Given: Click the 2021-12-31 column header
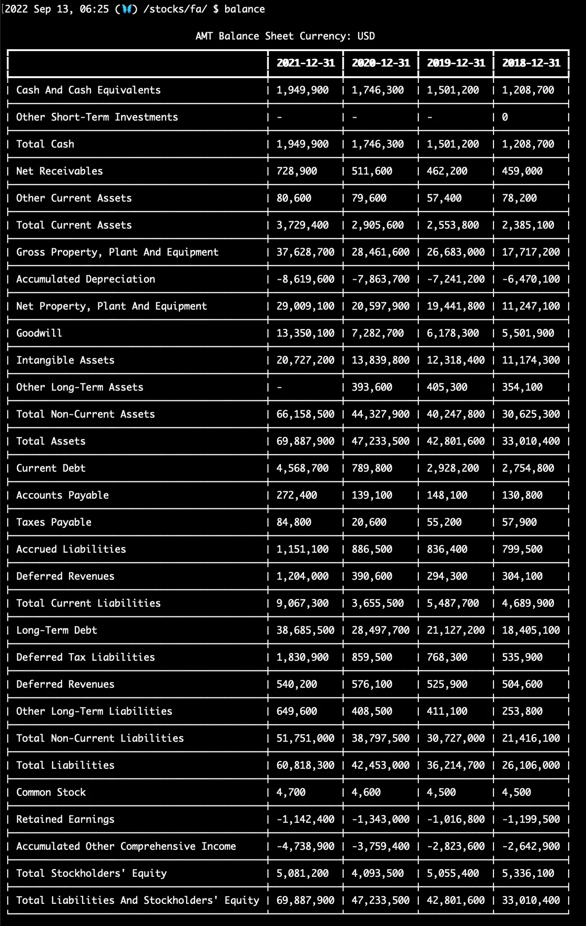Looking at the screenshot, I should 306,63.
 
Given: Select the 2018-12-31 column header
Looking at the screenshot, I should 531,63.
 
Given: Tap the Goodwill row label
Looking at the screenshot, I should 39,333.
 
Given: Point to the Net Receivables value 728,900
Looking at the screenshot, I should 297,171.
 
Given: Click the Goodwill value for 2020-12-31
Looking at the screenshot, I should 378,333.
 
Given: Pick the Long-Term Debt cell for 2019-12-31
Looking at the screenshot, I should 456,630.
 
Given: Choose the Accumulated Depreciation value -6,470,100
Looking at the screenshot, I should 531,279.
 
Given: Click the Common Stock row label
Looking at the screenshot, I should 51,792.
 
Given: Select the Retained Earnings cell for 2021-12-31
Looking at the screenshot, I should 306,819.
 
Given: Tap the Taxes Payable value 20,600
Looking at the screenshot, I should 369,522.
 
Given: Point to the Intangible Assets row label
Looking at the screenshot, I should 66,360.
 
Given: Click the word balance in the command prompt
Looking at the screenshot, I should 244,9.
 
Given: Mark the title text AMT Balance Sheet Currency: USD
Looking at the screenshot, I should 285,36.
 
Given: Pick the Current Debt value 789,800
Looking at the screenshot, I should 372,468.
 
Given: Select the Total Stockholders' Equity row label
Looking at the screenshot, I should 92,873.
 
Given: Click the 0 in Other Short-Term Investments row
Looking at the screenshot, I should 505,117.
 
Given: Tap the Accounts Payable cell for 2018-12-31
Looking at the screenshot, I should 522,495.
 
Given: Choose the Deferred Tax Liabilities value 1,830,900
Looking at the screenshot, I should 303,657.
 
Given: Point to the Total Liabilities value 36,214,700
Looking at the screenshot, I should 456,765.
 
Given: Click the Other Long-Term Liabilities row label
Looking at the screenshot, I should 94,711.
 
